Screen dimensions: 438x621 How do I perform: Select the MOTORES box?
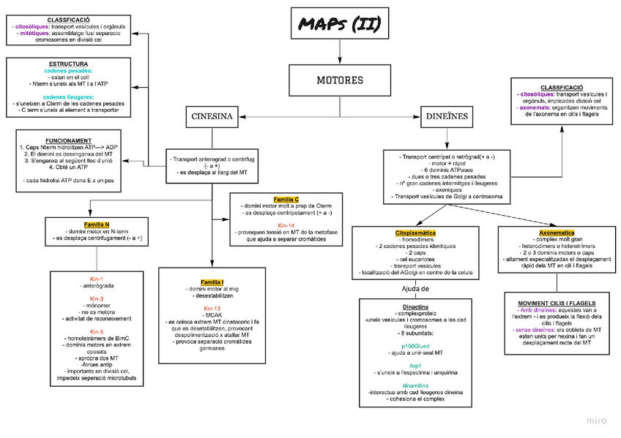[339, 80]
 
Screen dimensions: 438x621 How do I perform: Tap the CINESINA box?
[212, 116]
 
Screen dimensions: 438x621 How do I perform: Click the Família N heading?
[97, 224]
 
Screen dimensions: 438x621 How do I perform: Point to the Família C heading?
[286, 199]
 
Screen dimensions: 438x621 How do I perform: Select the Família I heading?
[212, 282]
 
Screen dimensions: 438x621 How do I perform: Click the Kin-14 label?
[286, 224]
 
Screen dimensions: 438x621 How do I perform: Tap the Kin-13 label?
[212, 308]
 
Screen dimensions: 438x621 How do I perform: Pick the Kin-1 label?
[97, 279]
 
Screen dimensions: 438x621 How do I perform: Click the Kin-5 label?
[97, 331]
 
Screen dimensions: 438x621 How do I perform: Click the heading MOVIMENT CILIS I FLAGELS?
[557, 303]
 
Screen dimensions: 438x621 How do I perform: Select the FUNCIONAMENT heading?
[68, 140]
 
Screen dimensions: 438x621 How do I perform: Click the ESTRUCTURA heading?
[68, 64]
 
